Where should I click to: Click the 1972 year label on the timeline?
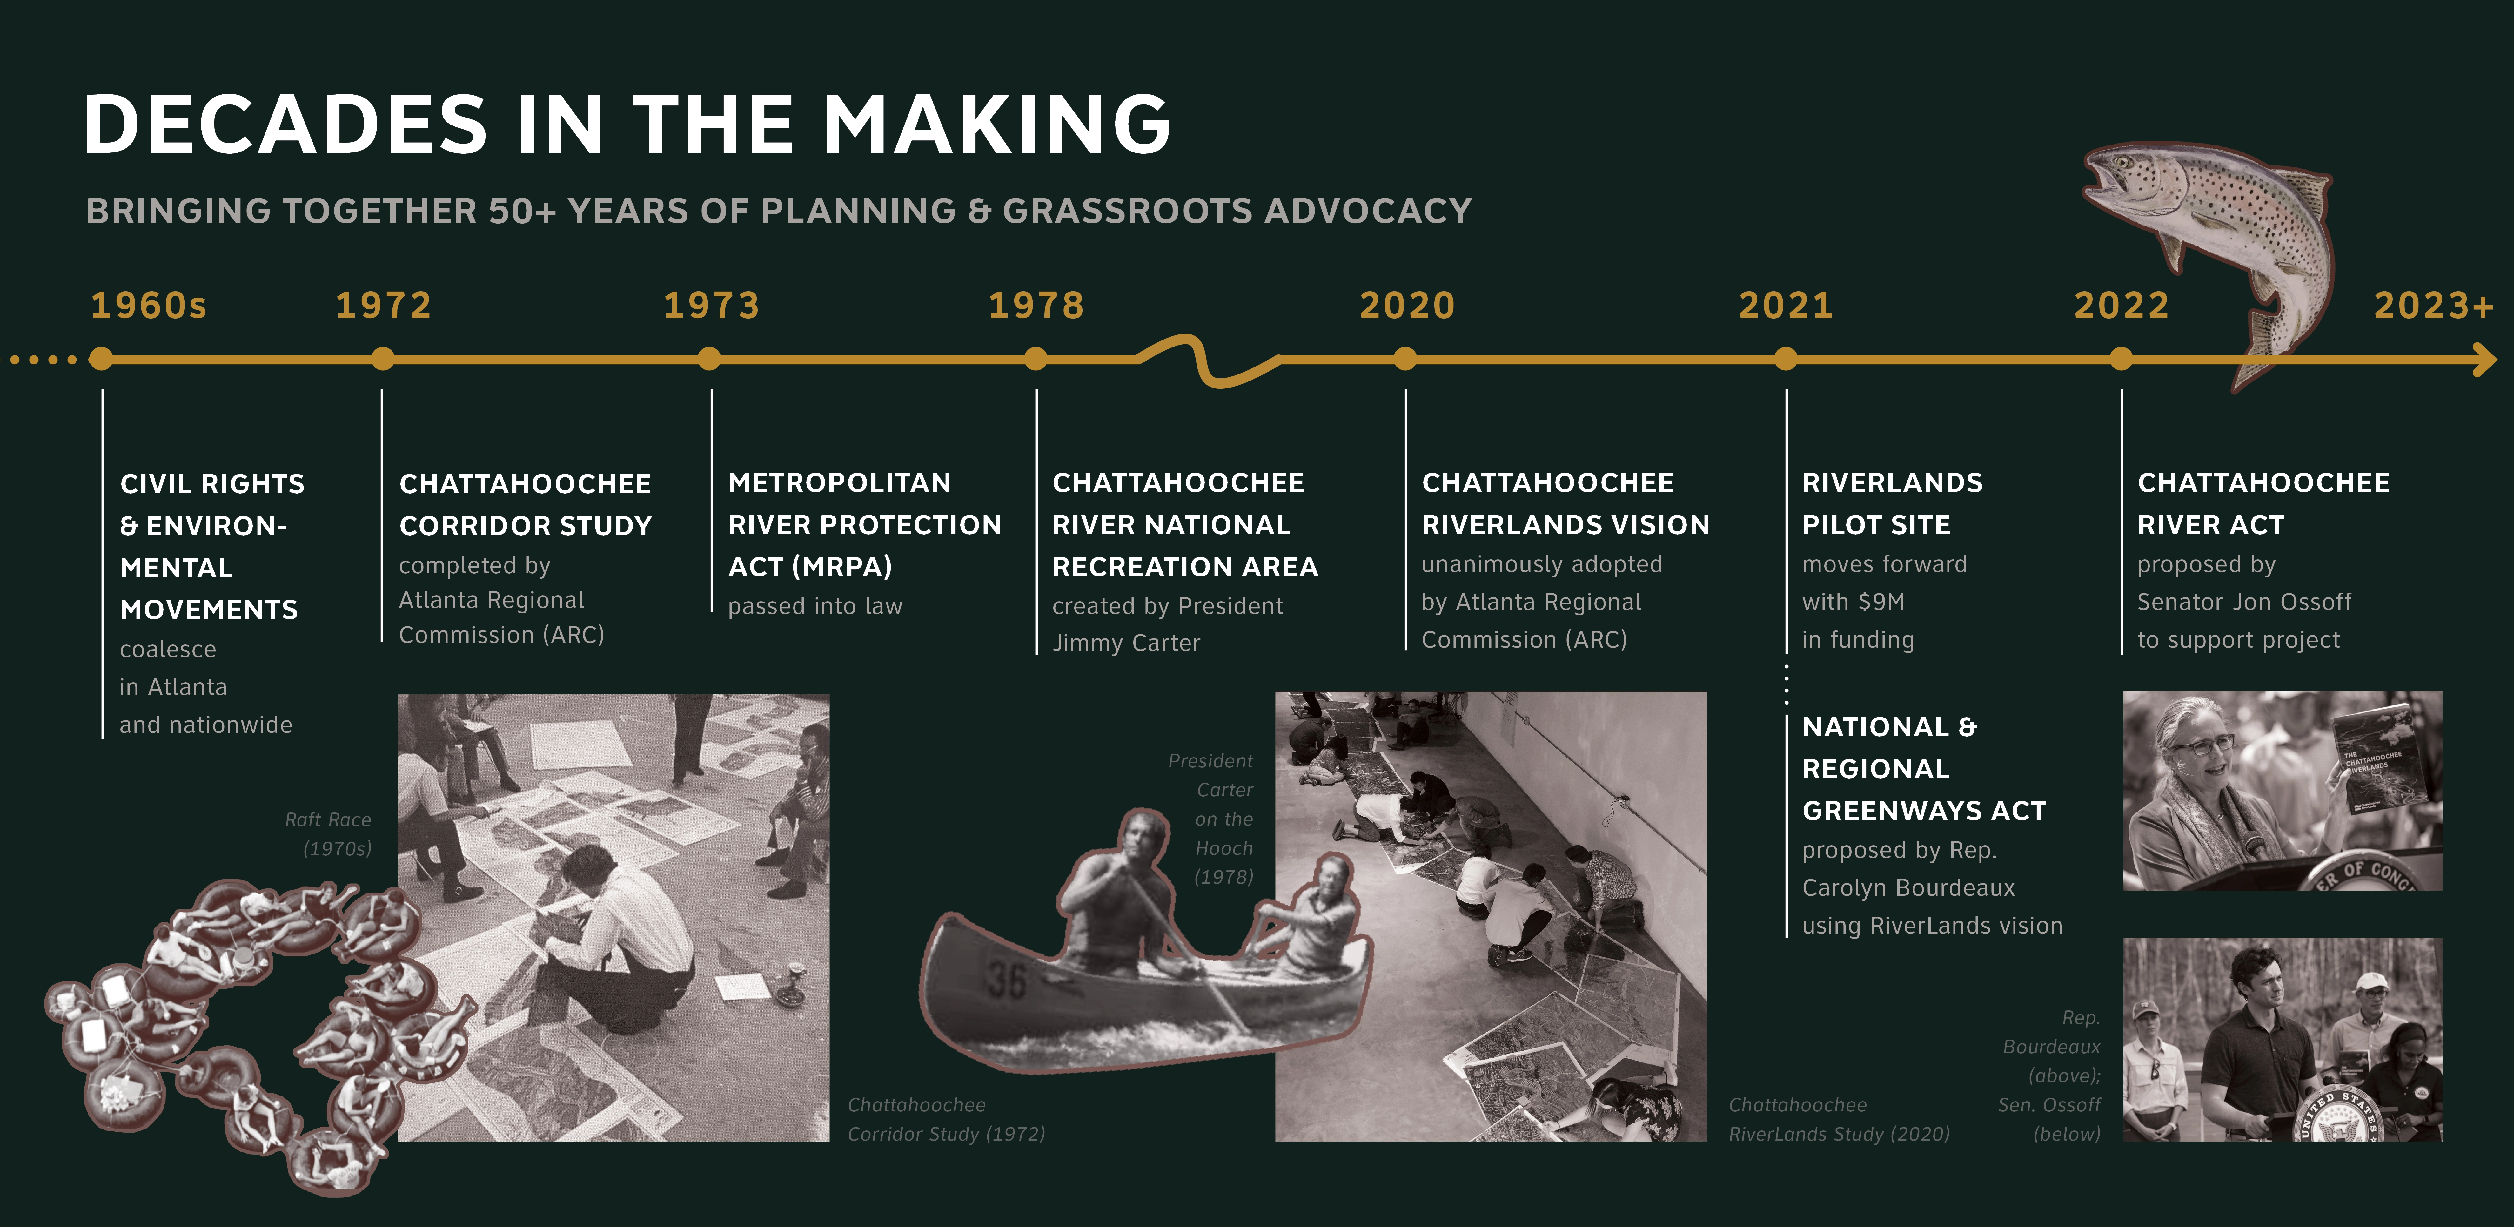(x=384, y=306)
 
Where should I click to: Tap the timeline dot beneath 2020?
(x=1405, y=359)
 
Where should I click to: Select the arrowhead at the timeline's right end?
(x=2485, y=359)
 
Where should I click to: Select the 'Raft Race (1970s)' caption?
(x=329, y=834)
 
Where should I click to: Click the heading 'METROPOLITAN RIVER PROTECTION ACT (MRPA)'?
(x=865, y=525)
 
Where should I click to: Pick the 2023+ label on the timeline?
(x=2433, y=306)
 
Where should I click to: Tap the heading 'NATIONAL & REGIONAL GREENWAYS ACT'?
(x=1924, y=769)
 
